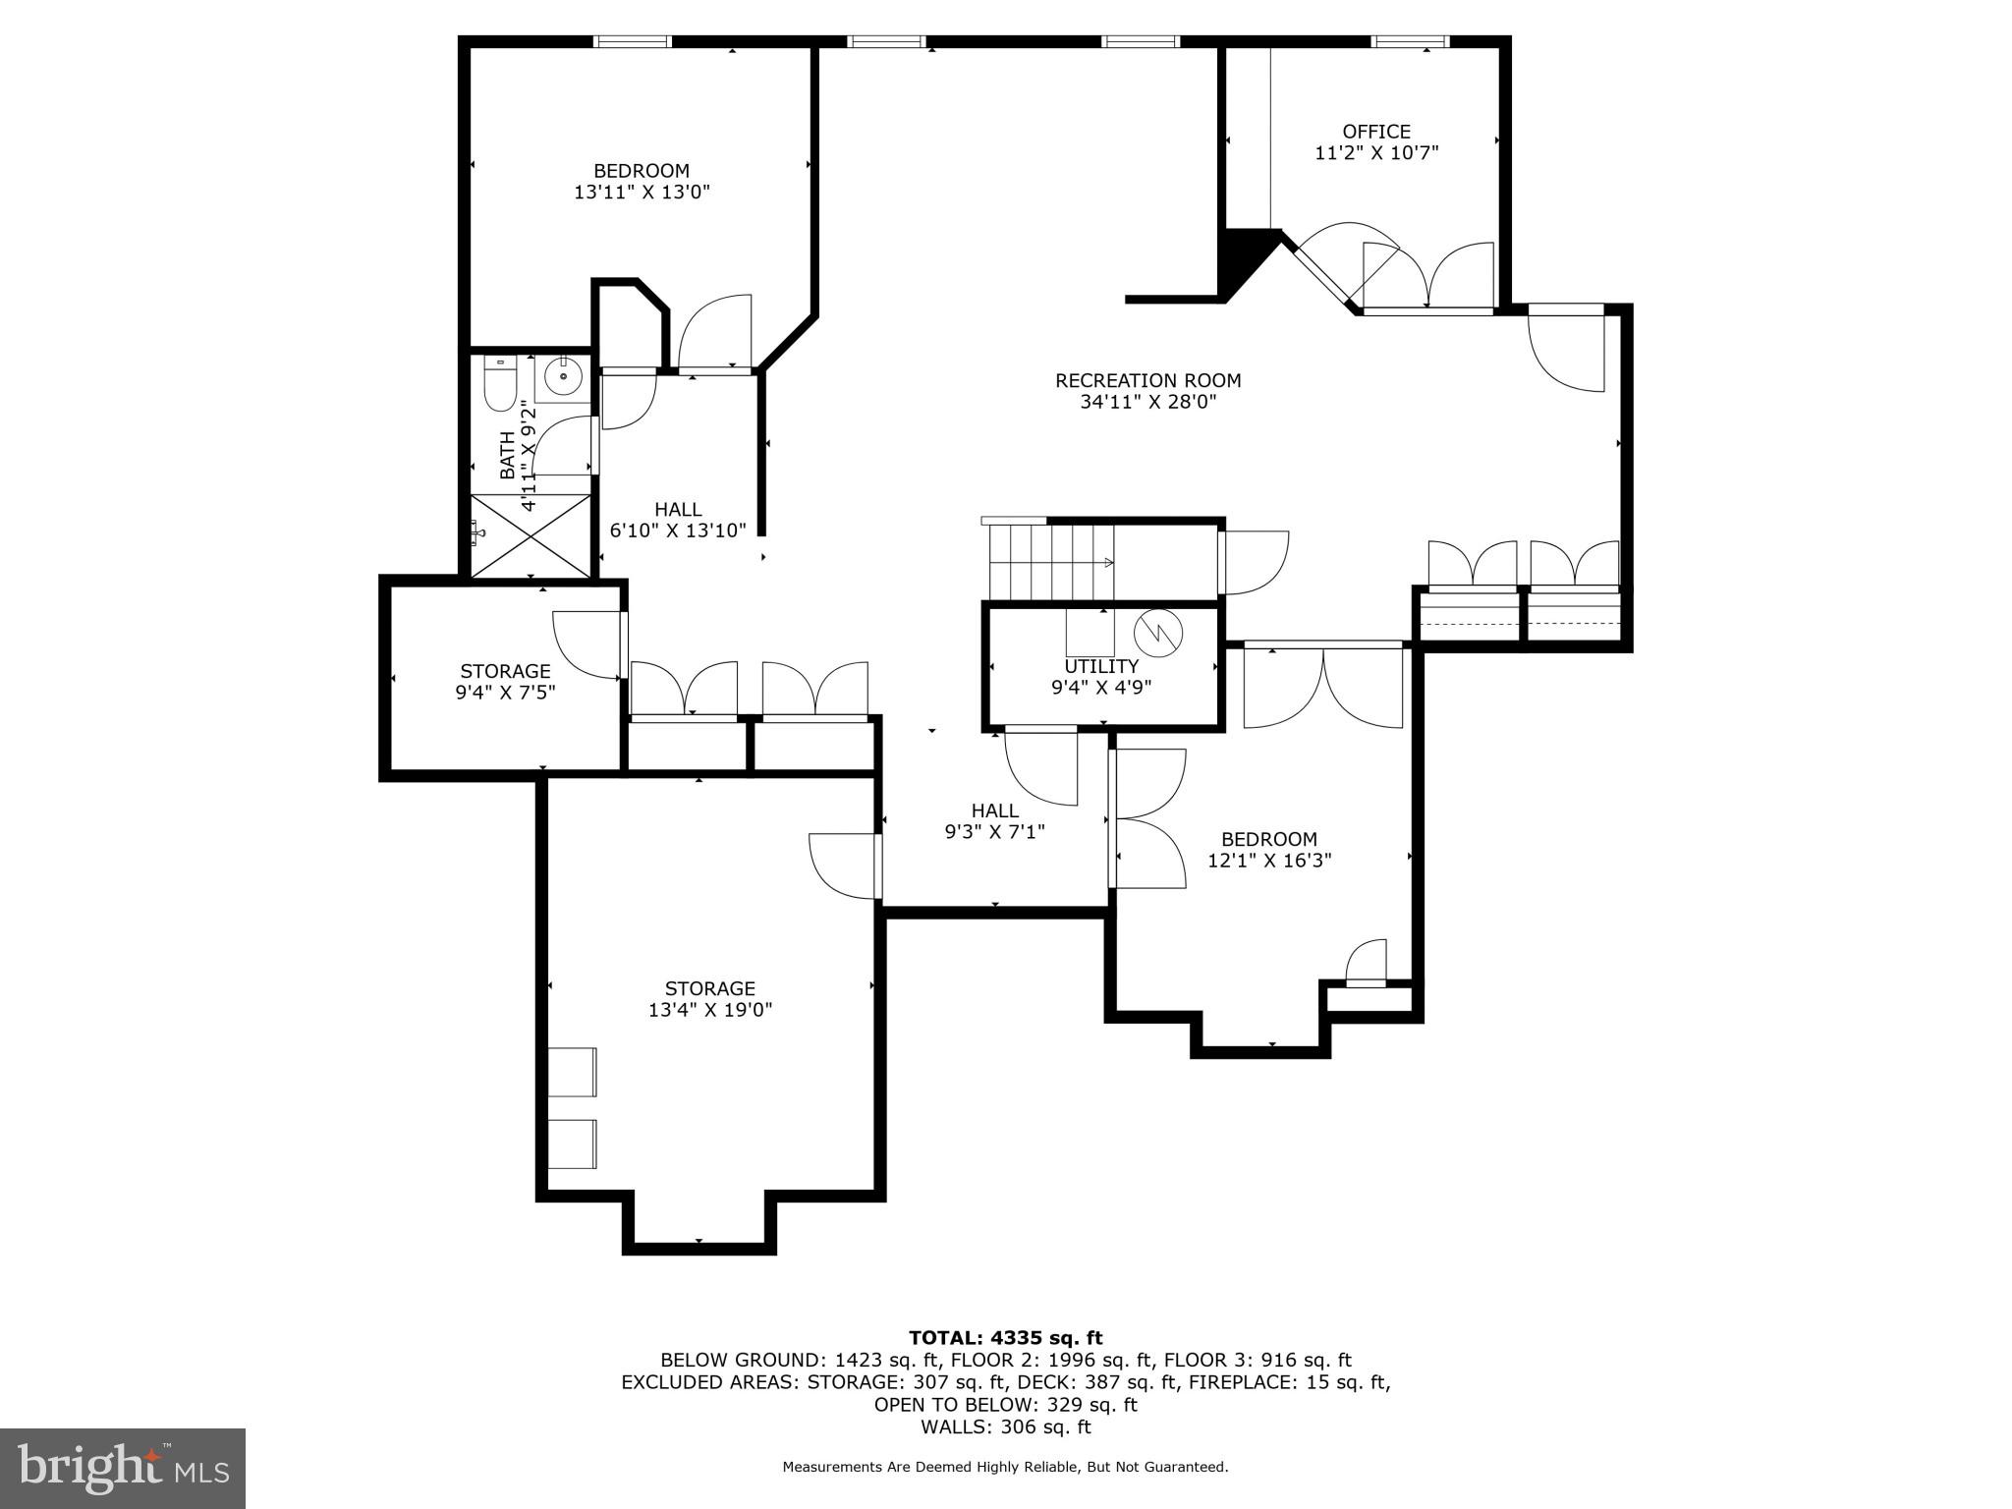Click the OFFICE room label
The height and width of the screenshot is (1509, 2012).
(x=1376, y=132)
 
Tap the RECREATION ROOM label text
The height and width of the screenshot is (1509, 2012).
(x=1147, y=380)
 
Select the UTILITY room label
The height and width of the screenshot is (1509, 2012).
(x=1101, y=666)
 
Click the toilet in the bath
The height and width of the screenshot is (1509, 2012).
(x=499, y=383)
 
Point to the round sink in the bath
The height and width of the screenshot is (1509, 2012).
(x=564, y=376)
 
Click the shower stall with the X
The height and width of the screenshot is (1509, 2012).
(x=531, y=535)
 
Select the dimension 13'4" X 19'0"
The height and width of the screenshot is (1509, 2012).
(x=710, y=1010)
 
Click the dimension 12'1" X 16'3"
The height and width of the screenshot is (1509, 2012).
(x=1269, y=861)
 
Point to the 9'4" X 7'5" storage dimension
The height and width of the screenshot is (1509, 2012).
(x=505, y=692)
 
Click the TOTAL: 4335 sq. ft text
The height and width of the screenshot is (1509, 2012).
(x=1005, y=1338)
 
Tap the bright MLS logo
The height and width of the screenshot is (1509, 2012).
(x=123, y=1468)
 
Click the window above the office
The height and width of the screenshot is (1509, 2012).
(x=1410, y=41)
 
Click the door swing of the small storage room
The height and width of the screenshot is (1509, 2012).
(x=587, y=644)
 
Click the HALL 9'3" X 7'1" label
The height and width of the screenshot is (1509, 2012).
(x=994, y=821)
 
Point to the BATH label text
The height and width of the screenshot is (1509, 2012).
(x=507, y=455)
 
